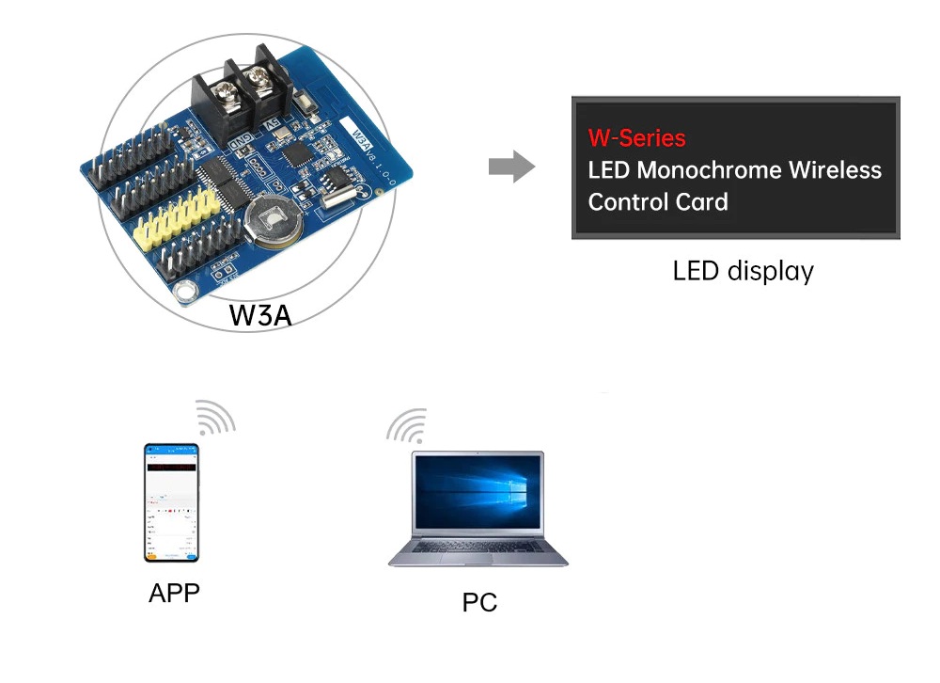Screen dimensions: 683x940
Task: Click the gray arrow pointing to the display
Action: pyautogui.click(x=511, y=168)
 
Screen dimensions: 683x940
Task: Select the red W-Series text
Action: pyautogui.click(x=636, y=138)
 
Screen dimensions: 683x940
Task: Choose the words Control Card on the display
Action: pyautogui.click(x=657, y=202)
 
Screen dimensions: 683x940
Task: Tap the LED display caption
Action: pyautogui.click(x=743, y=272)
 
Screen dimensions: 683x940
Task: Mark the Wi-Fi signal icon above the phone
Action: pyautogui.click(x=215, y=417)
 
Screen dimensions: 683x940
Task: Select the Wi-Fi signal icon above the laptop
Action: pyautogui.click(x=407, y=425)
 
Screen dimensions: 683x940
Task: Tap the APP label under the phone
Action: pyautogui.click(x=174, y=594)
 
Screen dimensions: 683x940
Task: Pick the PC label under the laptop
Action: pyautogui.click(x=479, y=602)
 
